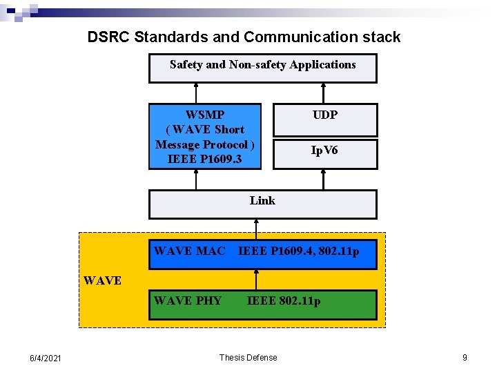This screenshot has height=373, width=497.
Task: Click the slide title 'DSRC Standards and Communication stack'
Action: [244, 37]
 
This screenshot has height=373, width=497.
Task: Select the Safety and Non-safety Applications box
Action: [263, 68]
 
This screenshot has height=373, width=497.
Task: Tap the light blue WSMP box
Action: [205, 136]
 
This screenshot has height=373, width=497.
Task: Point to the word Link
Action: [262, 200]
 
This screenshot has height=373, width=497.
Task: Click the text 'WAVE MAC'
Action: [189, 251]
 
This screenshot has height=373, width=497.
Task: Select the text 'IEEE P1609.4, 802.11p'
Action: [299, 251]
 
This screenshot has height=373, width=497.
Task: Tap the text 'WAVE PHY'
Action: [188, 300]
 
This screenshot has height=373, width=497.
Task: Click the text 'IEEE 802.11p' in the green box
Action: [284, 300]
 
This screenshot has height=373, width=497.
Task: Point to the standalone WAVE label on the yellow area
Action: [102, 280]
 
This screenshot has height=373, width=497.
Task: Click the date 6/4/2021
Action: [46, 358]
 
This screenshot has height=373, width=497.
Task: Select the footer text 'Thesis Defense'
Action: [248, 357]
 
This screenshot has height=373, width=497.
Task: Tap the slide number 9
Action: [465, 357]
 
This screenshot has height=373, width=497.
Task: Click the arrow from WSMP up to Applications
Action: [197, 93]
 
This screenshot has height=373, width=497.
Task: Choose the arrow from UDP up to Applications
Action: [323, 93]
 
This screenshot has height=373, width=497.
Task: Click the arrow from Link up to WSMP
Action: [197, 180]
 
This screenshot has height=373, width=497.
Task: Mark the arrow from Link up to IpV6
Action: [323, 180]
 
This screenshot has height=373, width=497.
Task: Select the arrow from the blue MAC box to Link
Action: [256, 229]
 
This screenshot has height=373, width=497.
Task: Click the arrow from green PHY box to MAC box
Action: [256, 279]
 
